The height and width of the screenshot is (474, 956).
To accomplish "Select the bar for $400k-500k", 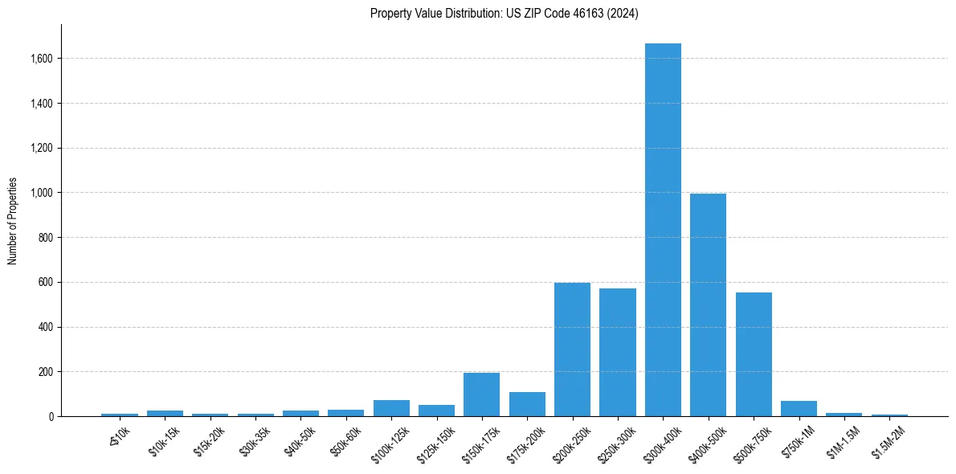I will (x=708, y=305).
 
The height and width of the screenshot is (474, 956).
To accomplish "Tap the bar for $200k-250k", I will (x=572, y=349).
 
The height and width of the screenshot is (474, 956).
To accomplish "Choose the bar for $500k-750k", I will (x=754, y=354).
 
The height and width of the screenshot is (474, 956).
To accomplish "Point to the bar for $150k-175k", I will (x=481, y=394).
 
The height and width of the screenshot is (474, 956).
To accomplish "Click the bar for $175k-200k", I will (x=527, y=404).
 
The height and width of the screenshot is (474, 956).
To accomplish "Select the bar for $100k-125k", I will (x=391, y=408).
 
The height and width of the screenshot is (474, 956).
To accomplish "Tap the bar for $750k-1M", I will (x=799, y=408).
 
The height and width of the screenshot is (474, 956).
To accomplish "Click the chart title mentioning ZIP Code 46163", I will (x=504, y=14).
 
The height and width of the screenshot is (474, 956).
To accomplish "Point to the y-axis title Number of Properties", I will (x=13, y=220).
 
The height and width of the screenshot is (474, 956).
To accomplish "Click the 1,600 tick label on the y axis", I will (x=41, y=59).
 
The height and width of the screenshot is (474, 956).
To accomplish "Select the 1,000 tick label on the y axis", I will (x=41, y=193).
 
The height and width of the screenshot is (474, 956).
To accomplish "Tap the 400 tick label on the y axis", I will (x=45, y=327).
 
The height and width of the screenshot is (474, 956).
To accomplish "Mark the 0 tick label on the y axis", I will (x=50, y=417).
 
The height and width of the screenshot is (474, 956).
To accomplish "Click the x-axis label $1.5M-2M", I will (x=888, y=441).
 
